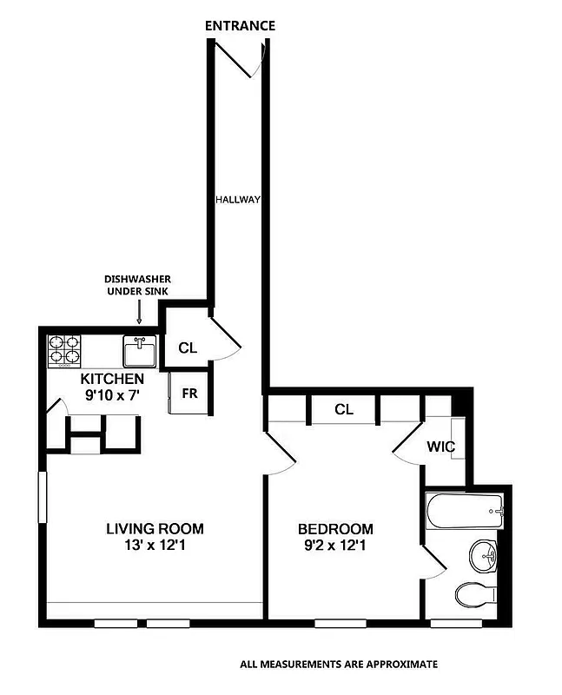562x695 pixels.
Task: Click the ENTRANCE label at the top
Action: pos(240,26)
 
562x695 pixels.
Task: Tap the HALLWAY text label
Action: pos(238,200)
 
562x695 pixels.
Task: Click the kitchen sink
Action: pos(139,353)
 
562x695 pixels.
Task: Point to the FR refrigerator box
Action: pos(189,392)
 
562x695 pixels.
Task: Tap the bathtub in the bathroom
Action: pos(465,511)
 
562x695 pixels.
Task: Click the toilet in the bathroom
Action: pos(475,596)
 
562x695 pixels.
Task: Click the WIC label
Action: pos(440,447)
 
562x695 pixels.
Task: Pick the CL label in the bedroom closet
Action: pos(344,409)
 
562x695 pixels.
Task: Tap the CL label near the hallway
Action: pos(188,348)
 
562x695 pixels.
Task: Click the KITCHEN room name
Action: pos(112,380)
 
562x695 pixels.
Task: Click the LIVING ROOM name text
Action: pos(155,528)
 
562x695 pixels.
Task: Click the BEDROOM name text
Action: pos(335,529)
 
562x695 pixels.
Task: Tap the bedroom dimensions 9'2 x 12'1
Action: pos(335,546)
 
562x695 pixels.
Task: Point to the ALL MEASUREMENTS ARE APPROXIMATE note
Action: pos(339,665)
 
